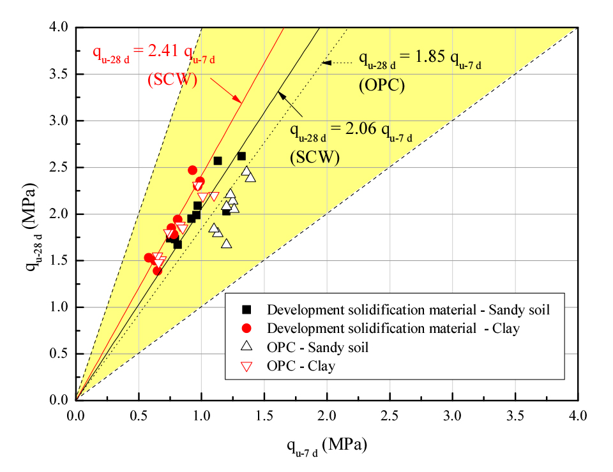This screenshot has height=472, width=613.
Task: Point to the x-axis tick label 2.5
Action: [390, 415]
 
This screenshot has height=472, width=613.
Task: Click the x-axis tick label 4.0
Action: [577, 415]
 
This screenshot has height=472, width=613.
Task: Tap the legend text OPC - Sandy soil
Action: [318, 348]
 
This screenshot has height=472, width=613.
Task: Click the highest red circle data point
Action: [193, 170]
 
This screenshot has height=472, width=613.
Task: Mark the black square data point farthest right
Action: [241, 156]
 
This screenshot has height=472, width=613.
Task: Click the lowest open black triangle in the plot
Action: [226, 244]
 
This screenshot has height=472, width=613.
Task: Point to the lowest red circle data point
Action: [157, 270]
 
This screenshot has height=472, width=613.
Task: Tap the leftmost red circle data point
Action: [149, 258]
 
